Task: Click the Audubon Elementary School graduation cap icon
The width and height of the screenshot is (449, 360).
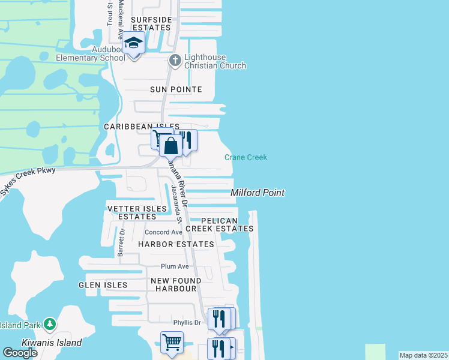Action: (133, 44)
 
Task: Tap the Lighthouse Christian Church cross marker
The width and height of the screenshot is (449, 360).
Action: (175, 59)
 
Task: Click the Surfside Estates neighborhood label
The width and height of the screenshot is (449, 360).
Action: (152, 23)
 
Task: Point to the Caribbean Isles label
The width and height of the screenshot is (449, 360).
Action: (133, 127)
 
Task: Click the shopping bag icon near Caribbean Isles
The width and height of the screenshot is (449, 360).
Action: (171, 145)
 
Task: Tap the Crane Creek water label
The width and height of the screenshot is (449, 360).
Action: (246, 157)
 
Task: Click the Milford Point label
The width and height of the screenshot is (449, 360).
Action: (258, 193)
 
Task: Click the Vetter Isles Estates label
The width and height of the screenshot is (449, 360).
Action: (137, 212)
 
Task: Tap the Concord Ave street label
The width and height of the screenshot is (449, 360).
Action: (163, 232)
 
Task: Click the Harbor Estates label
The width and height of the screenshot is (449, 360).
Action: (176, 244)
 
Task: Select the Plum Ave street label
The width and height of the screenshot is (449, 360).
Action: (175, 266)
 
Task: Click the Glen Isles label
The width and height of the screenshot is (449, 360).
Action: (103, 285)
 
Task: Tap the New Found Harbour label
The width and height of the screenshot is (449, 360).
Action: (174, 284)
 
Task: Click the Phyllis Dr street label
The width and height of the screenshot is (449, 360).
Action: (187, 323)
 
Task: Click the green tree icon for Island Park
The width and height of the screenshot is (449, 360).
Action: (50, 325)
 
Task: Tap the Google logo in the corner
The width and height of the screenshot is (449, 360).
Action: (20, 353)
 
